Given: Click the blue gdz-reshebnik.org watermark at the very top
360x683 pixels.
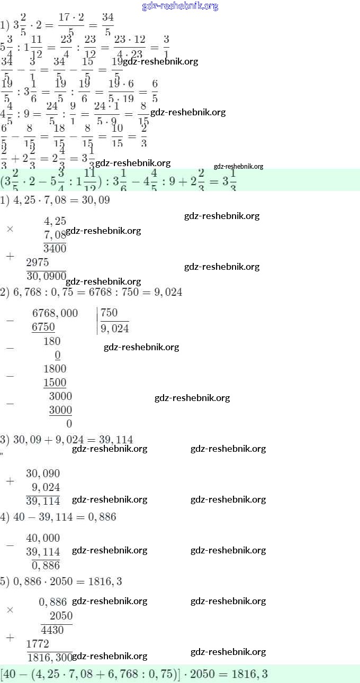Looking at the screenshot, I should (x=180, y=6).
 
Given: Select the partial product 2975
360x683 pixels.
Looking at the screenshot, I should (x=37, y=262).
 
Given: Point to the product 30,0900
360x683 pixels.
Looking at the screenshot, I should (x=46, y=276).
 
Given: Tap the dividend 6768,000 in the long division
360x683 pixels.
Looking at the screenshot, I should (x=55, y=313).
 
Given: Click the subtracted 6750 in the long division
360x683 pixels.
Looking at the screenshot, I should (x=43, y=327).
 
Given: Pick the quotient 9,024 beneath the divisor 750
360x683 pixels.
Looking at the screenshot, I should (x=114, y=329).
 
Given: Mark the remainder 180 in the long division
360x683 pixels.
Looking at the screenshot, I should (x=52, y=341).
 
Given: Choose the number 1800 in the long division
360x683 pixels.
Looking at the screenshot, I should (x=55, y=369).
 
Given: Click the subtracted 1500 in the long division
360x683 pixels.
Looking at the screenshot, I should (x=55, y=383).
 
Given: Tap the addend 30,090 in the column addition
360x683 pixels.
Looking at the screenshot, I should (x=43, y=473).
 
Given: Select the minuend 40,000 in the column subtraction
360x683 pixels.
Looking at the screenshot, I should (x=43, y=538).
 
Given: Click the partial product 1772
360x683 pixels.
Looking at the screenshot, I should (x=37, y=644).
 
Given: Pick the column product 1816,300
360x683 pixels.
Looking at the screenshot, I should (x=49, y=657).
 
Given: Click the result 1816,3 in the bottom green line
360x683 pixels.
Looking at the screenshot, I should (x=253, y=675).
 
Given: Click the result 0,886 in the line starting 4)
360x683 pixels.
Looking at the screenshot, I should (x=101, y=517).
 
